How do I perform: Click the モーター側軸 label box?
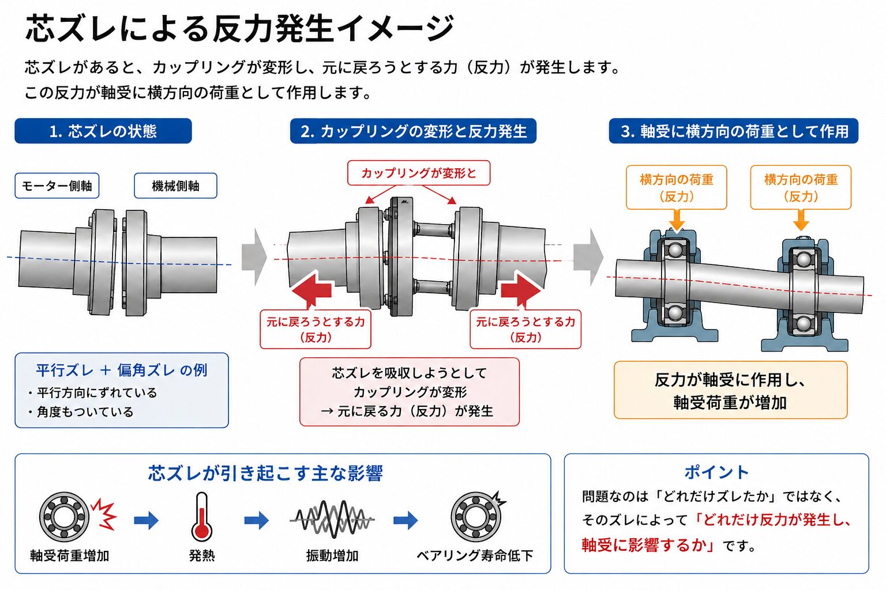pyautogui.click(x=57, y=186)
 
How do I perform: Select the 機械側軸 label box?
pyautogui.click(x=175, y=186)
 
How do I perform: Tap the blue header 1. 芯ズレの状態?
pyautogui.click(x=103, y=131)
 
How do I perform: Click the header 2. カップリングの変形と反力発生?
pyautogui.click(x=414, y=131)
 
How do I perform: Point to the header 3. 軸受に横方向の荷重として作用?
pyautogui.click(x=734, y=131)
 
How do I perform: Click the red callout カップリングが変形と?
pyautogui.click(x=419, y=173)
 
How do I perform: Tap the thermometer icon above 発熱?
pyautogui.click(x=202, y=516)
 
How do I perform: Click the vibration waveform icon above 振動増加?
pyautogui.click(x=332, y=519)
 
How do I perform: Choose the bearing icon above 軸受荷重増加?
pyautogui.click(x=64, y=516)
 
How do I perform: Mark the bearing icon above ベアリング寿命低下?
pyautogui.click(x=476, y=516)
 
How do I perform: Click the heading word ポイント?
pyautogui.click(x=716, y=472)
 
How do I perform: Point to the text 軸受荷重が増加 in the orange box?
pyautogui.click(x=730, y=402)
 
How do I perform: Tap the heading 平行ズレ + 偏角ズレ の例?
pyautogui.click(x=122, y=370)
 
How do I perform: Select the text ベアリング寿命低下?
pyautogui.click(x=475, y=555)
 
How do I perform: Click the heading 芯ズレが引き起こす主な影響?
pyautogui.click(x=265, y=473)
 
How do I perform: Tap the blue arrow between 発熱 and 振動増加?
pyautogui.click(x=256, y=520)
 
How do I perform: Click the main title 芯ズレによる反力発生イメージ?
pyautogui.click(x=240, y=28)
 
